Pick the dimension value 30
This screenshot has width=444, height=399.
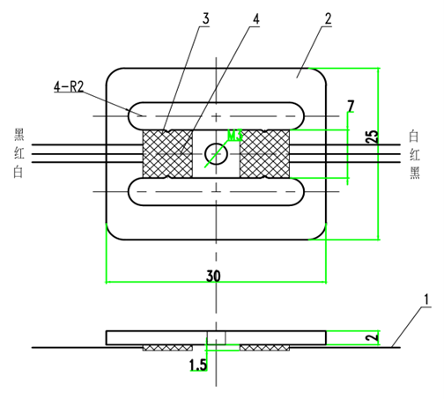click(213, 276)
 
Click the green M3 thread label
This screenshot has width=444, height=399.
click(234, 135)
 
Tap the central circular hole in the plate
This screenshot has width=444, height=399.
click(216, 153)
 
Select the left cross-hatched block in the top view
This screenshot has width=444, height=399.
click(167, 153)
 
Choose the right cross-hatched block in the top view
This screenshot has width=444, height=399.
click(265, 153)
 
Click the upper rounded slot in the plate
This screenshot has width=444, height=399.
click(216, 115)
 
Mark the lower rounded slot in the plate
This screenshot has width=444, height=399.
click(216, 190)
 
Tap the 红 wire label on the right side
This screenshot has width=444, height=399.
click(414, 154)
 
